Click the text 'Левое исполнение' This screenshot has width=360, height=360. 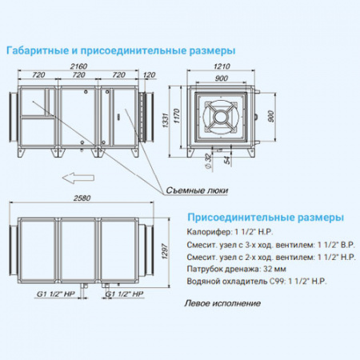[222, 303]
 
